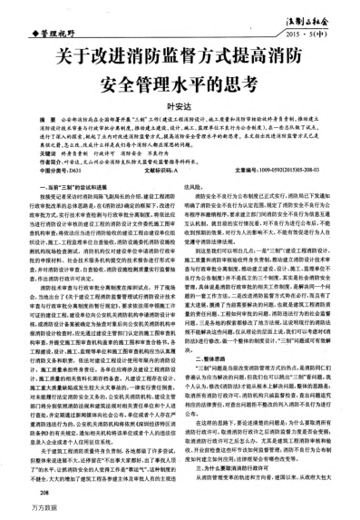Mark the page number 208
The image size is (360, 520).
(x=31, y=496)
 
